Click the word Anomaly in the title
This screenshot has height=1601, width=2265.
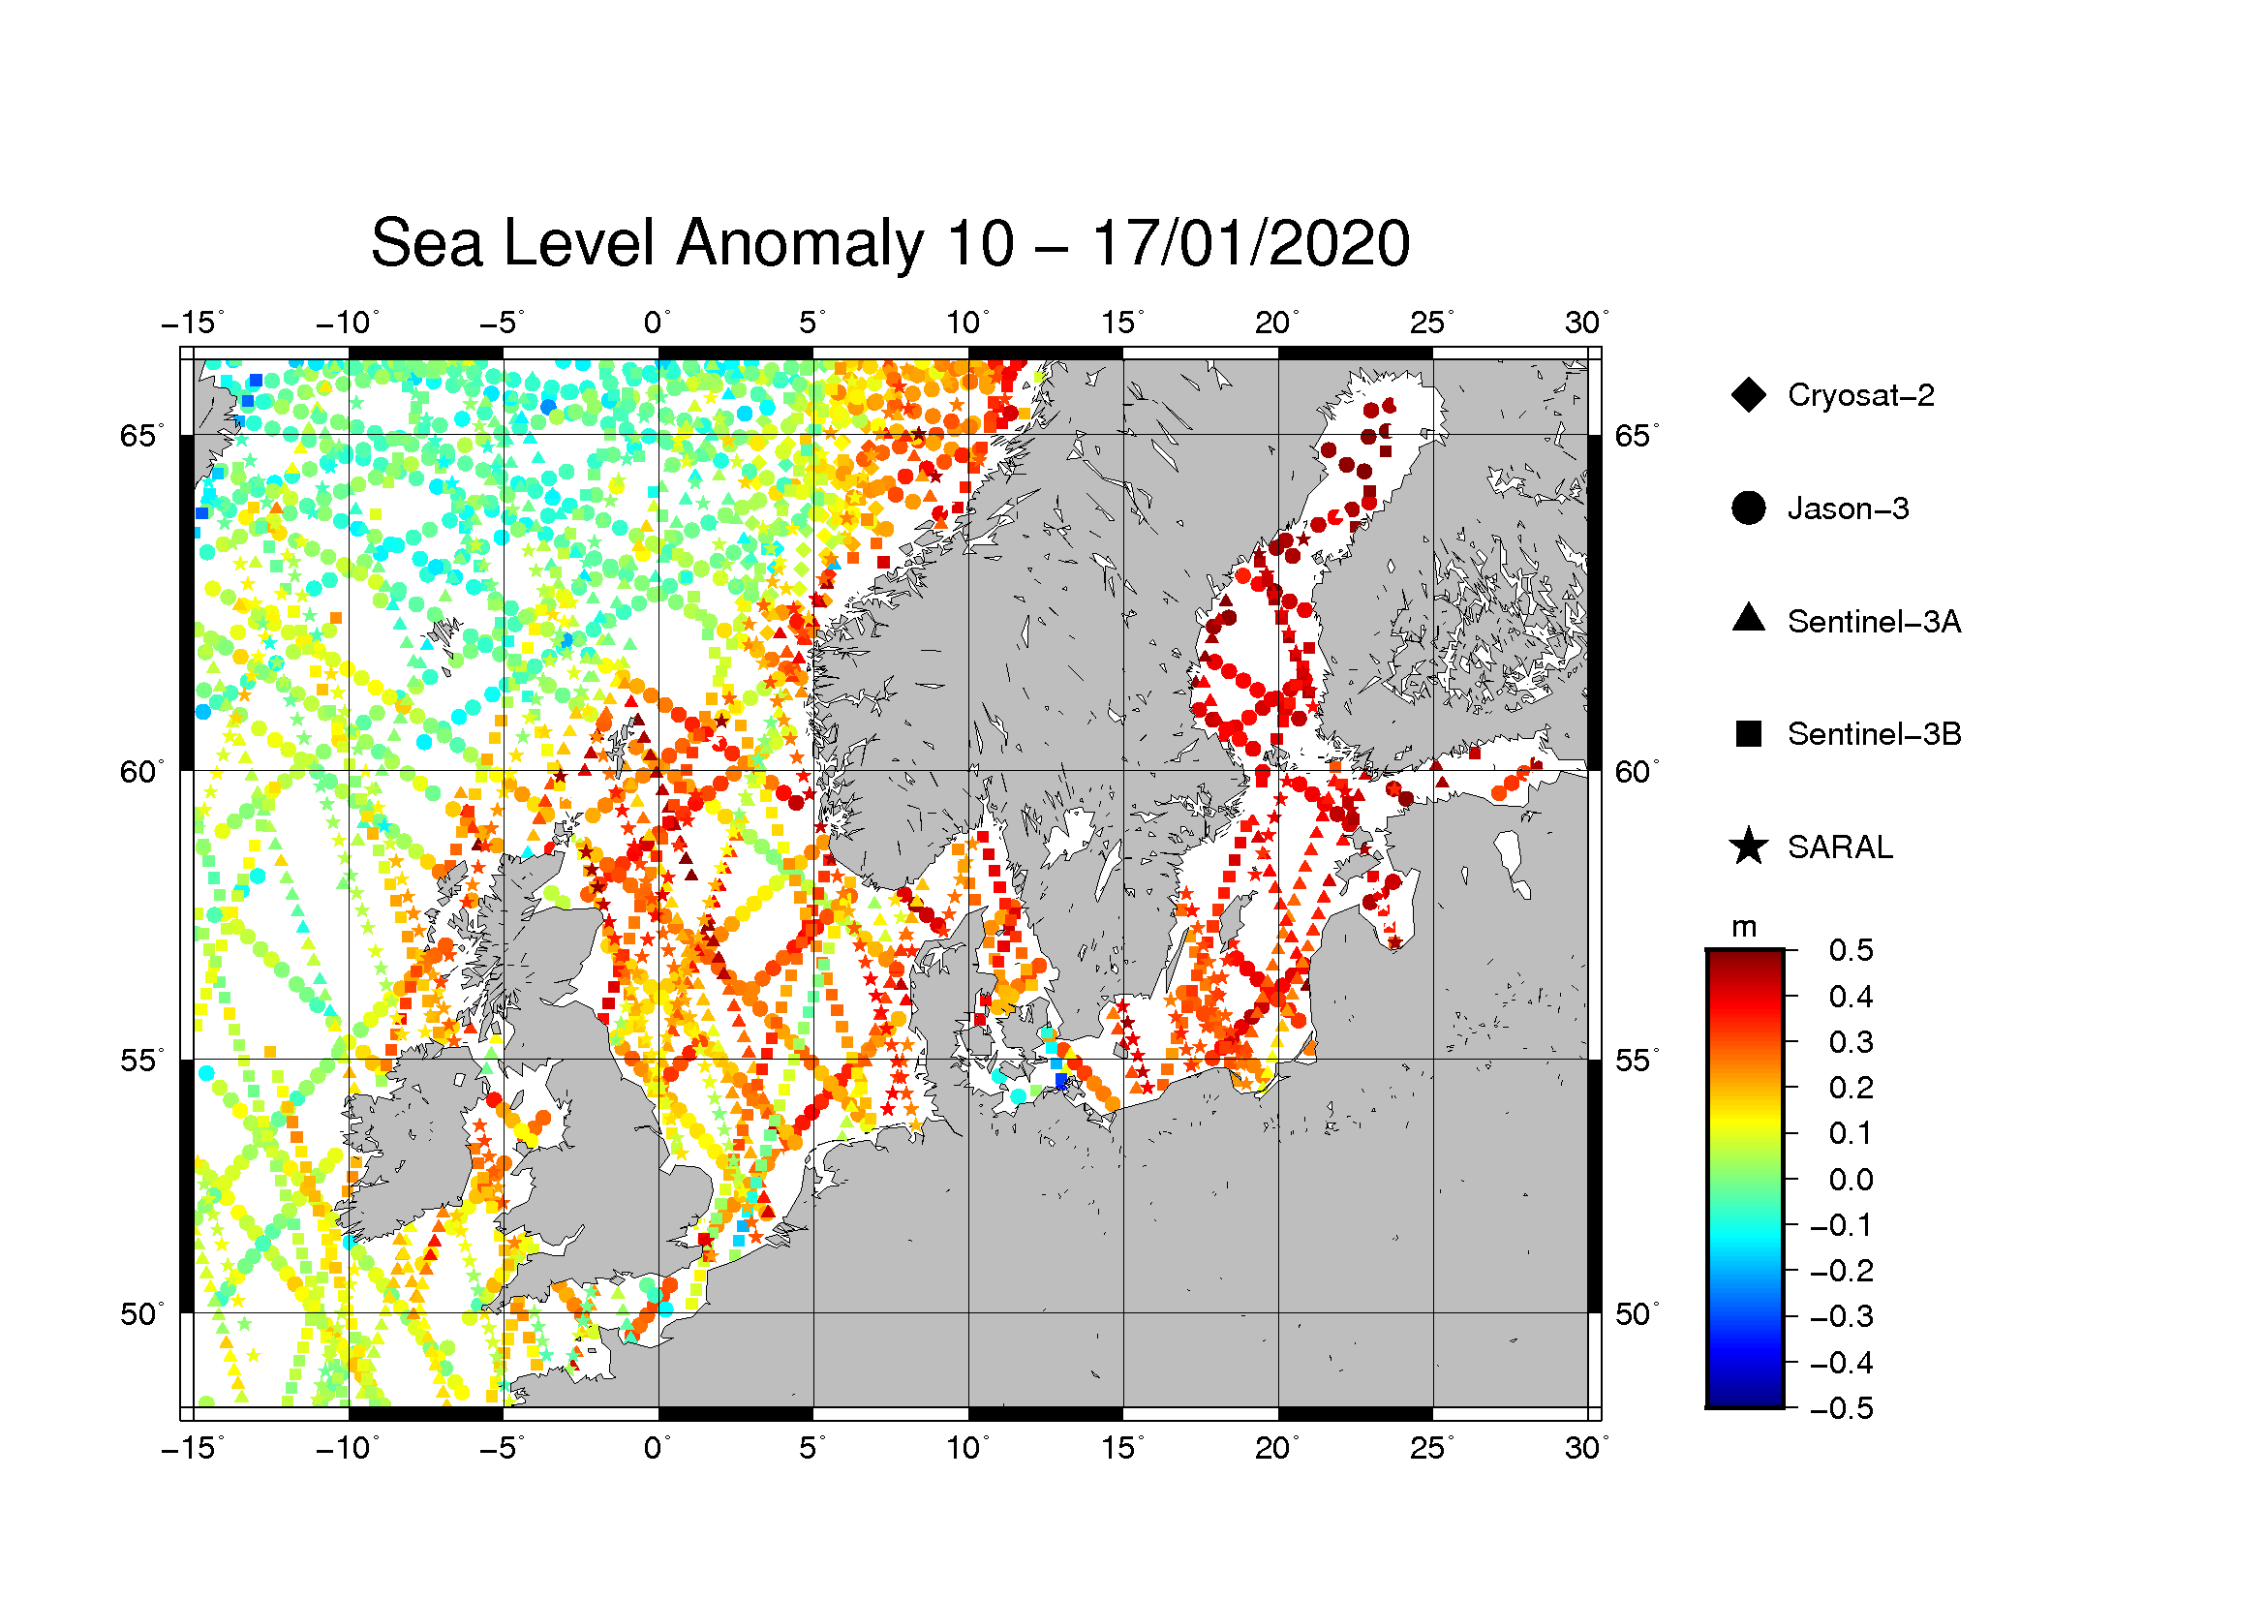(799, 245)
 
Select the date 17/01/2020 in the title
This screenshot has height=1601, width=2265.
(1250, 243)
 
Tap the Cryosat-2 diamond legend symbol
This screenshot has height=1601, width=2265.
(1749, 394)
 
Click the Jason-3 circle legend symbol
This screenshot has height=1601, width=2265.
(1749, 508)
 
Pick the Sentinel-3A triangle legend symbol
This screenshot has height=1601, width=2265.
(1749, 618)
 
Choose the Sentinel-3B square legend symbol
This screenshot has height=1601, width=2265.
(1749, 734)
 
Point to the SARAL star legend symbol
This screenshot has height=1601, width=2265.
(1749, 847)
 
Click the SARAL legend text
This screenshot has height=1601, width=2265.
(1841, 847)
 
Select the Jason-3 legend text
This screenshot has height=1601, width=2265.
(1849, 508)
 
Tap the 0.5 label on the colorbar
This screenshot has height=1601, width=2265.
(1851, 950)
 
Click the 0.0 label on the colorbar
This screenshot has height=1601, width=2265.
(1851, 1179)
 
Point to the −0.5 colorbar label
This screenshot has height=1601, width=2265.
(1842, 1407)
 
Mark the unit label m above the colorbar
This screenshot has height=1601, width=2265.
(1744, 927)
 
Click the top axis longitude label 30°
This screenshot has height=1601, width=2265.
(1586, 323)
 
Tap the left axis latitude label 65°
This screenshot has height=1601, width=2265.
(143, 435)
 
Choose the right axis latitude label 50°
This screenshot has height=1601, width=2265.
(1637, 1314)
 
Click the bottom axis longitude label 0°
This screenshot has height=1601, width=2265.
(658, 1448)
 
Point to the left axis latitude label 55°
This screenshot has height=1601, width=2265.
(143, 1061)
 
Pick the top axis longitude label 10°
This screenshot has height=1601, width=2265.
(967, 323)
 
